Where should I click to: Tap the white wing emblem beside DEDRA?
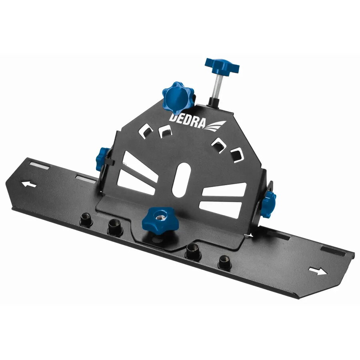coord(216,125)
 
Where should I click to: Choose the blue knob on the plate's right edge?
coord(268,204)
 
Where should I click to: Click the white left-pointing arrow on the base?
coord(28,184)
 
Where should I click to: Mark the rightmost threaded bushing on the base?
coord(223,263)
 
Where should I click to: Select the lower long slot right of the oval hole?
coord(220,208)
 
